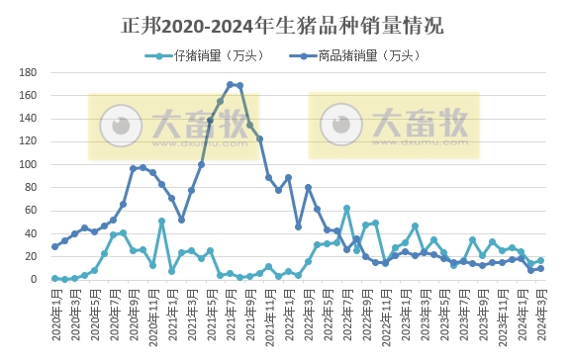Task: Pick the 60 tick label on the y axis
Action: [31, 211]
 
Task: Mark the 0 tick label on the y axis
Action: [34, 280]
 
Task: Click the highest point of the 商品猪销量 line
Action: [230, 84]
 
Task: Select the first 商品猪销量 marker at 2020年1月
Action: [55, 246]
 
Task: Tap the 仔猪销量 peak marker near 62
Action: [346, 209]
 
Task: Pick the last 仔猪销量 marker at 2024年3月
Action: [540, 260]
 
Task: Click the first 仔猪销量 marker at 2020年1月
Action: [55, 278]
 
